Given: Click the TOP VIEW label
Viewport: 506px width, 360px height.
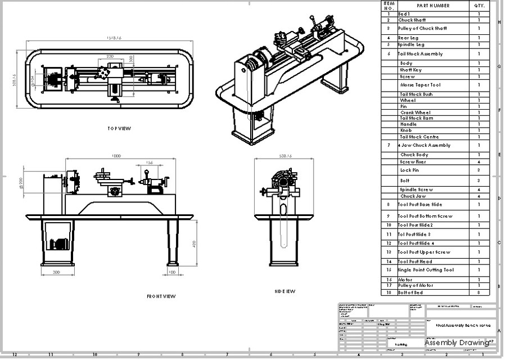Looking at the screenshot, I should coord(119,128).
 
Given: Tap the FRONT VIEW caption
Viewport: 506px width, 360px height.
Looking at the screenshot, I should coord(161,296).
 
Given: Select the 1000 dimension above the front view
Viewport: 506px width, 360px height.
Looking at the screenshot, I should coord(116,156).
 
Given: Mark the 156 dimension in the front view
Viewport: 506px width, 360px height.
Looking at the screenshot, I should coord(149,163).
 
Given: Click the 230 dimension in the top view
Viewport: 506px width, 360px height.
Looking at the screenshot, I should coord(110,57).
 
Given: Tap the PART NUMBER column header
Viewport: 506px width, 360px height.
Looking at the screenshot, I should coord(433,6).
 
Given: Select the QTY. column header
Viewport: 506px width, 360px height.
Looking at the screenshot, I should coord(479,6).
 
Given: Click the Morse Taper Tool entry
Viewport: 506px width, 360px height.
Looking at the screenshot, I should coord(420,85).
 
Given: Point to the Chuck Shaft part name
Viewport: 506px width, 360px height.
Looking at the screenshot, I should coord(412,20).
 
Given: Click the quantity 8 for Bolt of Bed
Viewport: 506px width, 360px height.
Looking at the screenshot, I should coord(479,292).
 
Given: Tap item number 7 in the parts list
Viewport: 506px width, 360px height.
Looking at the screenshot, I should coord(388,145).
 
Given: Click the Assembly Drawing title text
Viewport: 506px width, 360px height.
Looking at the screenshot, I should coord(456,343).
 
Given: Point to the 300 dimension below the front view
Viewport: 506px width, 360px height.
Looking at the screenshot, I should coord(56,272).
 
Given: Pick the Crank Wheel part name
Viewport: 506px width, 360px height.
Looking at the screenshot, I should coord(415,112).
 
